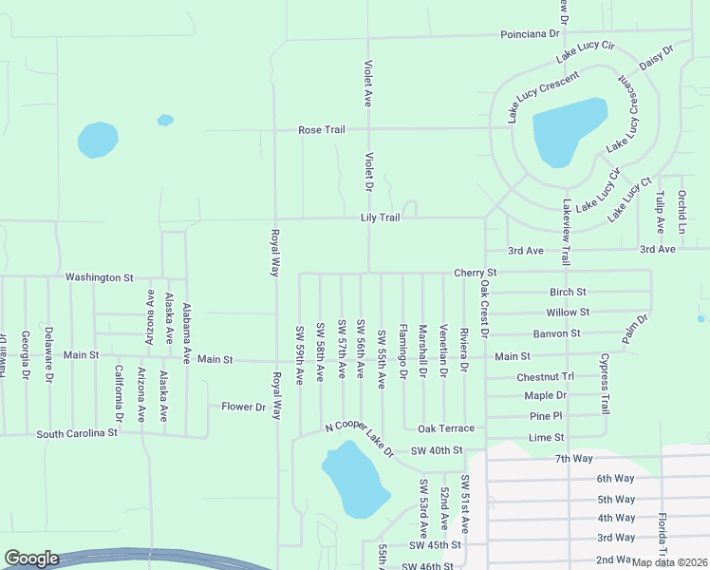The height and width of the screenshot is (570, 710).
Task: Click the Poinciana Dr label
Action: pos(531,34)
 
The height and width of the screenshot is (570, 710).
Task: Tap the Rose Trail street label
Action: pos(322,129)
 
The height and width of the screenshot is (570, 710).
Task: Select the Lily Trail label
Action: pos(380,218)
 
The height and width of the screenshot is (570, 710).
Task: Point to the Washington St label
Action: pos(99,277)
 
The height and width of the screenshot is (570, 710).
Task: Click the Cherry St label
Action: pos(476,273)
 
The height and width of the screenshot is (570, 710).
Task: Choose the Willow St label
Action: pos(568,312)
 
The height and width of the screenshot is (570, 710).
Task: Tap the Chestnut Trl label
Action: pos(546,377)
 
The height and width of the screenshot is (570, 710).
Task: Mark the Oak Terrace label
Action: pos(446,428)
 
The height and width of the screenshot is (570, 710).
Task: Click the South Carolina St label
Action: pos(77,433)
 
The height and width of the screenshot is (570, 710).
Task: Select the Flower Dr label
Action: pos(244,407)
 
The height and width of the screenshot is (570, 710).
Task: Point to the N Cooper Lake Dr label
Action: pos(358,438)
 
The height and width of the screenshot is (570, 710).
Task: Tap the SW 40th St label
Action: pos(436,450)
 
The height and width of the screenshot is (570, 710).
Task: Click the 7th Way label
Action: pos(574,459)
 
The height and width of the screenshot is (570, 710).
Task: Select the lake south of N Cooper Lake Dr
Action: pos(354,481)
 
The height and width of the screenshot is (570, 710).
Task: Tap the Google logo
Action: pos(31,559)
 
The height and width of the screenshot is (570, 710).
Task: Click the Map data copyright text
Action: pos(669,562)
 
